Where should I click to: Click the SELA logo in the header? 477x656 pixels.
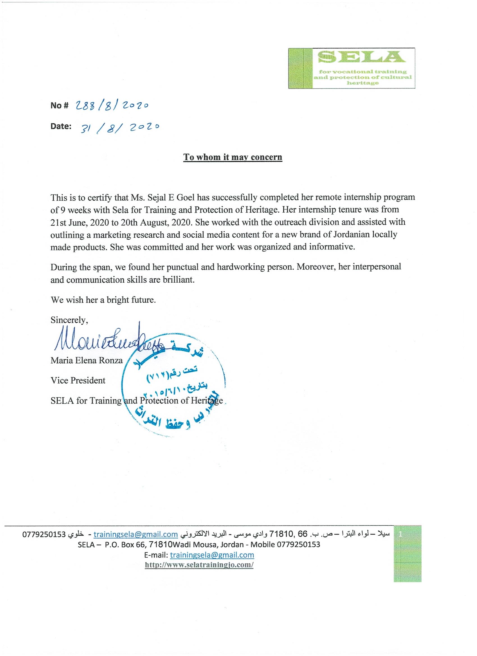(352, 68)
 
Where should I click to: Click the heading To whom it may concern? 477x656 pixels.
(233, 157)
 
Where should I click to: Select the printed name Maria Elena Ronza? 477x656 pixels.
(87, 360)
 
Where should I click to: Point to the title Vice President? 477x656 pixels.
(78, 380)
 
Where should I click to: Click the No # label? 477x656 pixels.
(59, 106)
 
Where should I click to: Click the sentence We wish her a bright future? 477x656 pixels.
(103, 300)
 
